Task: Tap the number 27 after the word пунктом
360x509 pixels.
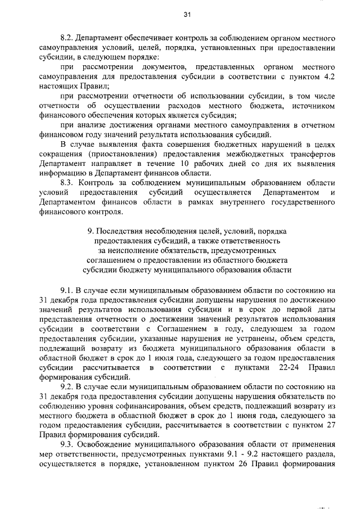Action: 331,425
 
